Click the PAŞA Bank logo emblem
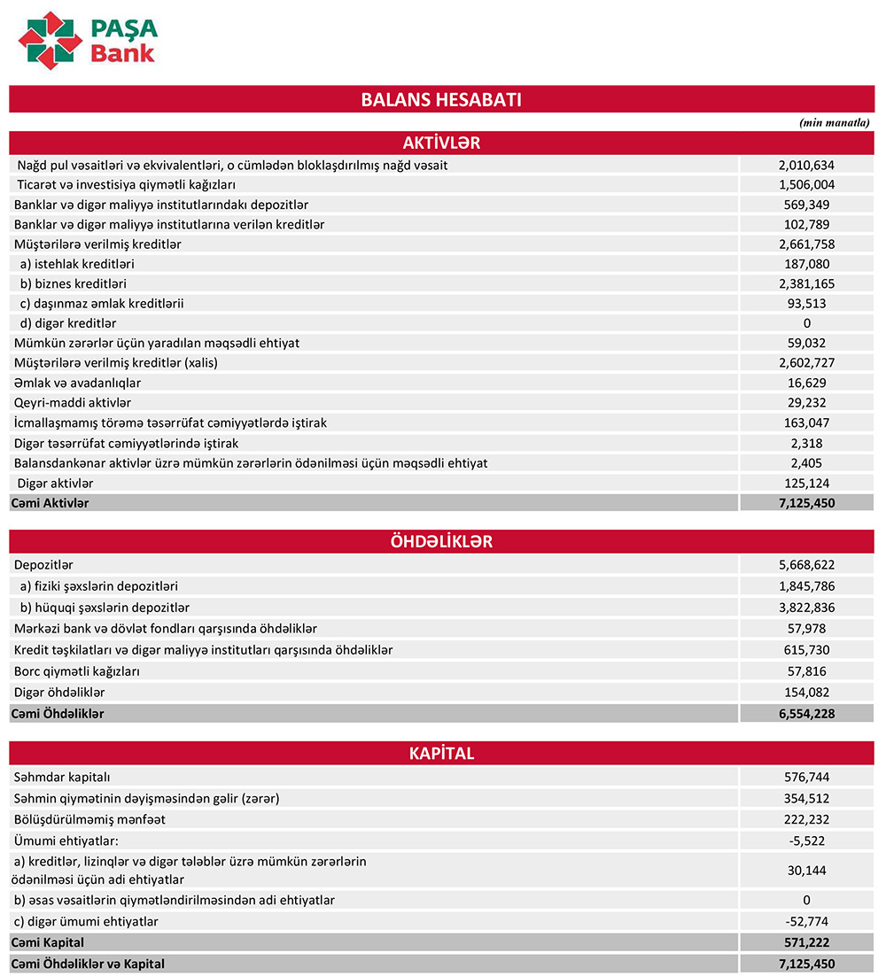pos(51,41)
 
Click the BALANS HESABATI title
pos(441,99)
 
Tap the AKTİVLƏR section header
pos(441,143)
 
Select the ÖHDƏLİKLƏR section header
pos(441,542)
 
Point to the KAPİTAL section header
pos(441,754)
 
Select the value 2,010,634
pos(806,165)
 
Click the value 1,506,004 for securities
pos(806,185)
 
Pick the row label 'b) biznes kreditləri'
pos(74,284)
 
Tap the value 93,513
pos(806,304)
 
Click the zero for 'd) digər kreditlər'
pos(806,323)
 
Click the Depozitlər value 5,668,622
pos(806,565)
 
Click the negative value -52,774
pos(806,922)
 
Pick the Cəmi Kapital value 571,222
pos(806,942)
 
